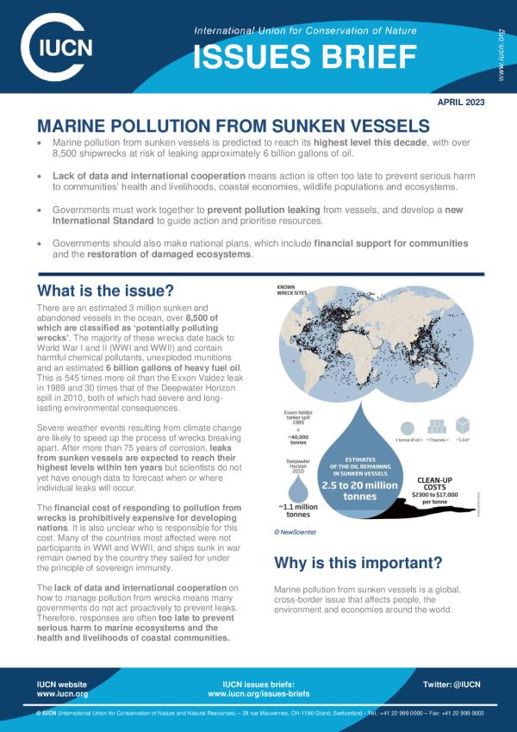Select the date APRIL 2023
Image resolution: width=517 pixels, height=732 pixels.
[462, 102]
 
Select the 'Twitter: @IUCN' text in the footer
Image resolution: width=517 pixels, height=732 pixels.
[453, 683]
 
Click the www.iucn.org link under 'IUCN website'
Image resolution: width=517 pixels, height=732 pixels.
[62, 693]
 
